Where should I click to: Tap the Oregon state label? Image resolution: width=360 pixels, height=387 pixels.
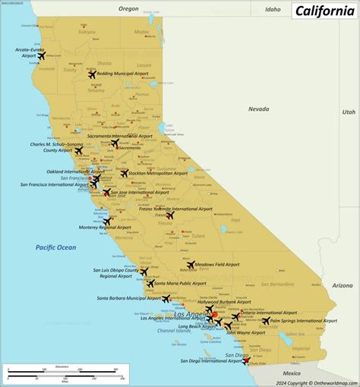[129, 8]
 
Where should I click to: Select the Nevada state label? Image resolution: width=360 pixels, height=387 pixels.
[258, 109]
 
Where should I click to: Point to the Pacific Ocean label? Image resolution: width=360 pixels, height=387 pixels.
[55, 247]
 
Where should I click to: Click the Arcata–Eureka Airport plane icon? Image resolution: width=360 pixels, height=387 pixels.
[41, 55]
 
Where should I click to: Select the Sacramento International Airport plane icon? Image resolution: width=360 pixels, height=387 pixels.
[115, 143]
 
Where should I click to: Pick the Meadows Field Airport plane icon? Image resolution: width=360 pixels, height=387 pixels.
[191, 265]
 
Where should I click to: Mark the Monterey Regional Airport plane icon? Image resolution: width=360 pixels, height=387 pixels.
[107, 222]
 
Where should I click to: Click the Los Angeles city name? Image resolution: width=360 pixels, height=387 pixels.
[190, 313]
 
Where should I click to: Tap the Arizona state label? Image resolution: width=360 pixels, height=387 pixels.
[342, 285]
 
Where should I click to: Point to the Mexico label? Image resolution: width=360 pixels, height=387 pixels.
[292, 373]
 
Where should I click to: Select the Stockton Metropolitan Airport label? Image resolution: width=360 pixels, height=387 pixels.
[159, 173]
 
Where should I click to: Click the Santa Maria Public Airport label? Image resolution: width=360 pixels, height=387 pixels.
[180, 283]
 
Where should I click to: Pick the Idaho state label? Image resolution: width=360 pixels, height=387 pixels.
[273, 9]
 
